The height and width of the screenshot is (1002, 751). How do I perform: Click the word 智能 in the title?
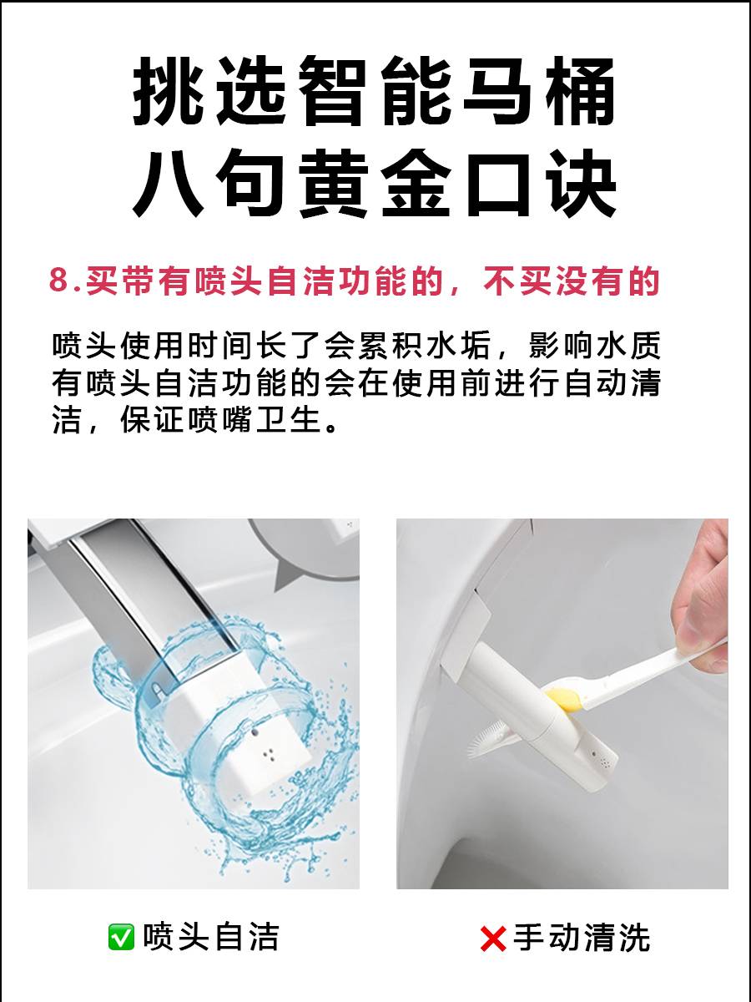[374, 91]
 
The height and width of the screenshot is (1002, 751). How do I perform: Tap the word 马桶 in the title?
[540, 91]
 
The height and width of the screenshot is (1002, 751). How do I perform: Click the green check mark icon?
[121, 937]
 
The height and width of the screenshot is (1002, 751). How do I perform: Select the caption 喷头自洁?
[210, 937]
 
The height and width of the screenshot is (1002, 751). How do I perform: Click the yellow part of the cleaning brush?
[564, 700]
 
